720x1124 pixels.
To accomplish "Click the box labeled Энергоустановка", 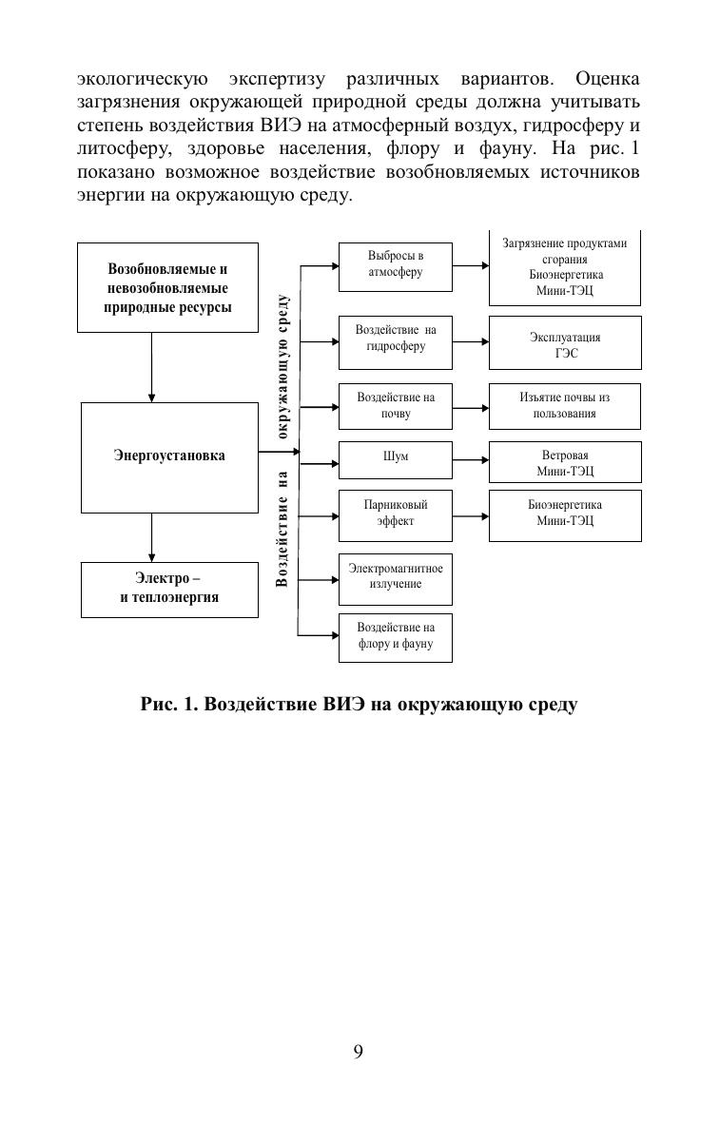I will point(169,457).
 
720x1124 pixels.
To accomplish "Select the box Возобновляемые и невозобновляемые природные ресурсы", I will point(167,287).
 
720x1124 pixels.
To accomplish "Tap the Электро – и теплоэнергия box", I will point(169,589).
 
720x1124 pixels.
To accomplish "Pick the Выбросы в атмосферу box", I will point(396,265).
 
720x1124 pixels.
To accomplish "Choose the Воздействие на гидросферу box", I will point(396,341).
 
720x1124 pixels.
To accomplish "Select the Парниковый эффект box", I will point(396,514).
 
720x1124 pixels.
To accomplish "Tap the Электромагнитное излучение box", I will point(396,578).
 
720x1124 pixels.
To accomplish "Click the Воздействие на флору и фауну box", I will point(396,637).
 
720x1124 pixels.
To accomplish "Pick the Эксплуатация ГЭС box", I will point(565,343).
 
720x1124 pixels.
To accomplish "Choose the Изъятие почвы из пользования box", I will point(565,406).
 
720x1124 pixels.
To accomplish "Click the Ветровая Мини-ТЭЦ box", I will point(565,462).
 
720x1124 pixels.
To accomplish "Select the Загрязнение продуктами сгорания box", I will point(565,268).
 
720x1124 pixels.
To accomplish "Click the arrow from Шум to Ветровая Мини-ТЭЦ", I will point(471,461).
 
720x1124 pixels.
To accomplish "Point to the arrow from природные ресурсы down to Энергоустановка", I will point(152,367).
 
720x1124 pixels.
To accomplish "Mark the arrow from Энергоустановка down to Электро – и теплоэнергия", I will point(152,537).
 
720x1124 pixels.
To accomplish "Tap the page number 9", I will point(359,1051).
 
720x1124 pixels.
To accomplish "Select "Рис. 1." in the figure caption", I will point(169,705).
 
